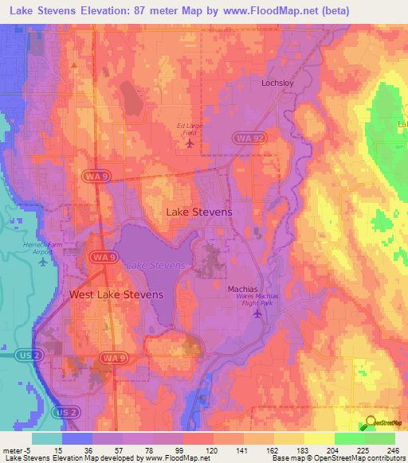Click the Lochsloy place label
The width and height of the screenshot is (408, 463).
pyautogui.click(x=278, y=83)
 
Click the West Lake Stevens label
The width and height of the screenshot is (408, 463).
pyautogui.click(x=116, y=294)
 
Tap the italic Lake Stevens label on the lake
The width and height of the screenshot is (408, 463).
pyautogui.click(x=156, y=264)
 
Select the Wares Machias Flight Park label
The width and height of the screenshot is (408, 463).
pyautogui.click(x=256, y=302)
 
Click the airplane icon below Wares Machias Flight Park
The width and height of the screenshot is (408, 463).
pyautogui.click(x=256, y=315)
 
